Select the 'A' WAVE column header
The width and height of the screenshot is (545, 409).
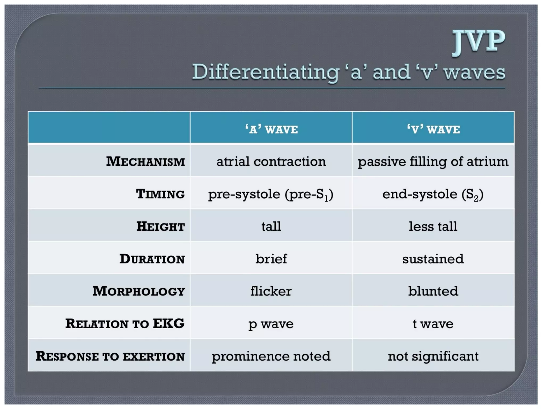[x=271, y=129]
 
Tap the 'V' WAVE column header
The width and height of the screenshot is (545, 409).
[x=433, y=129]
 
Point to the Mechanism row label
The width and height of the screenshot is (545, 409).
[x=145, y=161]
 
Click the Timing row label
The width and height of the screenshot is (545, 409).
[x=160, y=194]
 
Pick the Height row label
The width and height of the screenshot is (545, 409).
[x=160, y=226]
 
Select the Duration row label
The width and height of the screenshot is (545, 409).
[x=152, y=259]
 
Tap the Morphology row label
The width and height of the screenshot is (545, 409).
[x=139, y=291]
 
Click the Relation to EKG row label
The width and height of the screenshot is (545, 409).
[x=125, y=324]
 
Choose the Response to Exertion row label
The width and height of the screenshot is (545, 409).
[x=110, y=356]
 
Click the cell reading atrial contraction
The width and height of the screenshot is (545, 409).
[x=271, y=161]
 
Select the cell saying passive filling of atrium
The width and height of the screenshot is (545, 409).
[x=433, y=162]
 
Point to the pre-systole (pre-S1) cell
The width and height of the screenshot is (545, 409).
[x=271, y=194]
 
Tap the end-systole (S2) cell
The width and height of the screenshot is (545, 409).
[x=433, y=194]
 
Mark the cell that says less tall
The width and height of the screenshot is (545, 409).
[x=433, y=226]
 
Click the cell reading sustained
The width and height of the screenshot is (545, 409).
[x=433, y=259]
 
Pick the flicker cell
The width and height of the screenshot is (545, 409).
[x=271, y=291]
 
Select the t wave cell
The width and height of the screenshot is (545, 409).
[x=433, y=324]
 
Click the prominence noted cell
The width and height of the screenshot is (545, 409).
[x=271, y=356]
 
